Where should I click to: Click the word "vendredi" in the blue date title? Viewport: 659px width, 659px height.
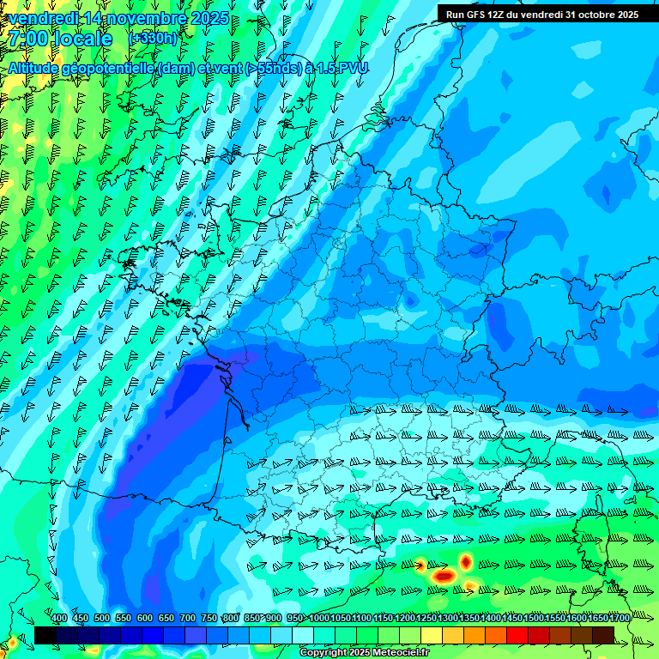point(42,18)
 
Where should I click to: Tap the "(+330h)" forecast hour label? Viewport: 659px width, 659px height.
point(153,38)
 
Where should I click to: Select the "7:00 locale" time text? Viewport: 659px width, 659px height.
point(60,39)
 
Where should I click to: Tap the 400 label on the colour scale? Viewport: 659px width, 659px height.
point(59,618)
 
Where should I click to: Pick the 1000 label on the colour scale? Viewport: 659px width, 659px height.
point(318,618)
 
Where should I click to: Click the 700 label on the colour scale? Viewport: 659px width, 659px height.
point(188,618)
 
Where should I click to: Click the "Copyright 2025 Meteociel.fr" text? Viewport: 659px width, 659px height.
point(364,653)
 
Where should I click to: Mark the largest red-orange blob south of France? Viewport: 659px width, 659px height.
point(444,576)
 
